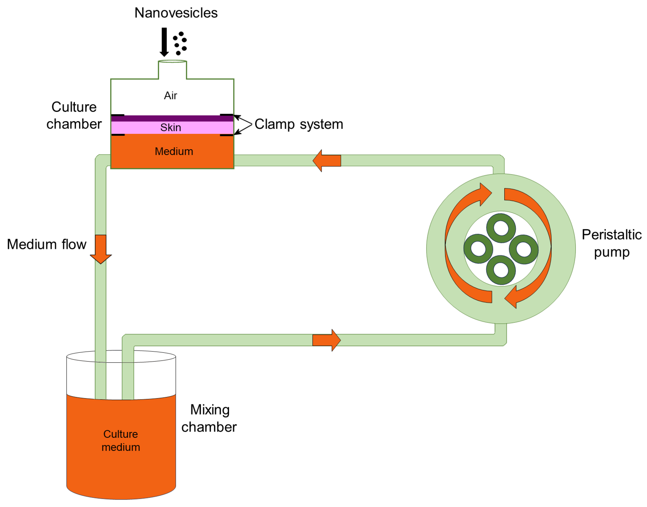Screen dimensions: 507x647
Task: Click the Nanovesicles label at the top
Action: click(176, 13)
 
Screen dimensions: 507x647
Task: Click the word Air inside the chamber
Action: click(170, 96)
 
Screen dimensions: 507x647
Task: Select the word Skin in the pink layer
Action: click(170, 127)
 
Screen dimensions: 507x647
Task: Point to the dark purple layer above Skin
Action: click(172, 118)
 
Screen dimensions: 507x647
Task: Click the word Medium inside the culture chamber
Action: click(174, 151)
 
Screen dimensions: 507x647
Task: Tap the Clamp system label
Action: click(299, 124)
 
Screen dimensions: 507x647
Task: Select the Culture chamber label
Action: click(74, 115)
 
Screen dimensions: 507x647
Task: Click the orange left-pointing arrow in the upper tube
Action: click(327, 161)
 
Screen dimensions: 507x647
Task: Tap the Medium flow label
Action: click(47, 244)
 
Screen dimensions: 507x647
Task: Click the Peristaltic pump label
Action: click(612, 243)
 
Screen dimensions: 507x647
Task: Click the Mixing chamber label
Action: click(209, 418)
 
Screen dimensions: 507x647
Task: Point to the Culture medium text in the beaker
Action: click(121, 440)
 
